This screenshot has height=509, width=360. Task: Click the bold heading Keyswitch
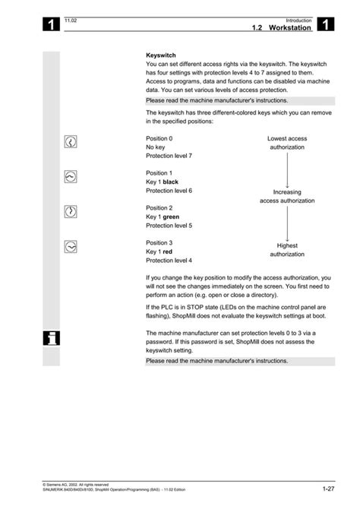[x=161, y=55]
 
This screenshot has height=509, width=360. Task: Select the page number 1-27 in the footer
[x=328, y=488]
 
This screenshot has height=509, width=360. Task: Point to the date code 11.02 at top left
[x=71, y=20]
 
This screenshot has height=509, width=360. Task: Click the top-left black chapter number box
[x=51, y=25]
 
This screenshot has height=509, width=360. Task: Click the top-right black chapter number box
[x=325, y=25]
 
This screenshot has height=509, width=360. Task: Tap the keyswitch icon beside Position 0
[x=71, y=143]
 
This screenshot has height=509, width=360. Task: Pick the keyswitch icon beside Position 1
[x=71, y=176]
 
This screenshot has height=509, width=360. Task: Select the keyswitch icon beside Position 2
[x=71, y=210]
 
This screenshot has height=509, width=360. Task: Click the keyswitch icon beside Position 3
[x=71, y=245]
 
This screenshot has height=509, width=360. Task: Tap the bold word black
[x=171, y=182]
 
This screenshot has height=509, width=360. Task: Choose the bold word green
[x=172, y=217]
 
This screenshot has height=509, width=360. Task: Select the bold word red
[x=168, y=251]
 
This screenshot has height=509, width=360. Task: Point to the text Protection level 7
[x=169, y=156]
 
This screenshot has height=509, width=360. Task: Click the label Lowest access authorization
[x=287, y=143]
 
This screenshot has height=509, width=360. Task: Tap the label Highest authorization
[x=287, y=250]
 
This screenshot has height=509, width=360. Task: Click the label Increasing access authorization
[x=287, y=197]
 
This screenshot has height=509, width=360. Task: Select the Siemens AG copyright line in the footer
[x=76, y=484]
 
